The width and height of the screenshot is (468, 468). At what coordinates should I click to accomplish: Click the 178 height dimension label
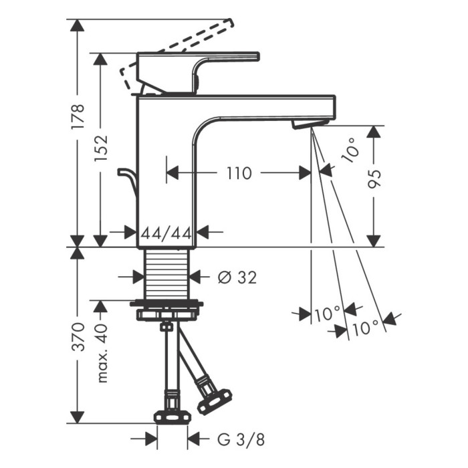tap(78, 116)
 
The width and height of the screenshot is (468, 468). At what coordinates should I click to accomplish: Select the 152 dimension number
tap(100, 148)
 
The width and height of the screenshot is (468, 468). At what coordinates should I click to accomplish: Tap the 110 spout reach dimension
tap(239, 173)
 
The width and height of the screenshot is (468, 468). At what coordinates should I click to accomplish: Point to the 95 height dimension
tap(374, 179)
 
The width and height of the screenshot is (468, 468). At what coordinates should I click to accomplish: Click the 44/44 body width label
tap(166, 233)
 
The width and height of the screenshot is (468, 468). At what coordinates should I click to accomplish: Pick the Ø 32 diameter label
tap(237, 277)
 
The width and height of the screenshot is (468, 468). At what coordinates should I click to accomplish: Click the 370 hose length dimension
tap(78, 336)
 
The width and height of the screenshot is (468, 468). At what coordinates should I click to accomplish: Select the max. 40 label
tap(102, 354)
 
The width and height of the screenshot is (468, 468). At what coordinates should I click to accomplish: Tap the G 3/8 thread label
tap(241, 439)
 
